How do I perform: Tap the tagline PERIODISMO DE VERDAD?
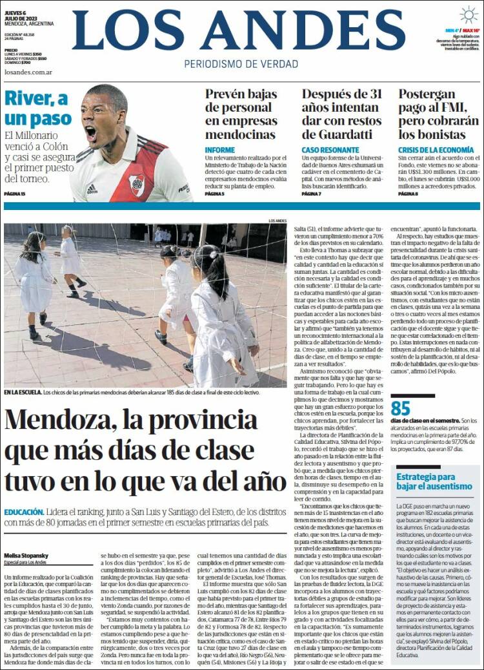[241, 64]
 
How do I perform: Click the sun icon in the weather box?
[469, 15]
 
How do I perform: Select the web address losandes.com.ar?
[28, 72]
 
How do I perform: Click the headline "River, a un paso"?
[37, 109]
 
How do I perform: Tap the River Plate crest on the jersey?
[136, 184]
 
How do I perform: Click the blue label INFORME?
[220, 150]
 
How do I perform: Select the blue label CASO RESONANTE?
[330, 150]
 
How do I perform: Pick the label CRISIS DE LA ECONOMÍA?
[436, 150]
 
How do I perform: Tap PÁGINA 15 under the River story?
[14, 194]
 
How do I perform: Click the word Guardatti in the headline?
[345, 134]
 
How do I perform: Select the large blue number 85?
[401, 409]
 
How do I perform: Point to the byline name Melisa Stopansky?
[26, 554]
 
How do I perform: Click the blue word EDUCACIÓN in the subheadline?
[24, 511]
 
